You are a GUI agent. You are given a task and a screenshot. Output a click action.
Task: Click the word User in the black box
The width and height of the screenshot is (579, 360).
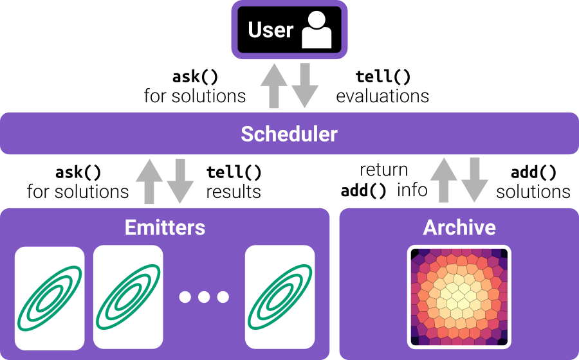[270, 30]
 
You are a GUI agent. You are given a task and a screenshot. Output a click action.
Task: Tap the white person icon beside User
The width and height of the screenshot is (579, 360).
[316, 30]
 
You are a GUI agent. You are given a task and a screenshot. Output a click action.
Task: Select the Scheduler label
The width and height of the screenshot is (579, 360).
[289, 134]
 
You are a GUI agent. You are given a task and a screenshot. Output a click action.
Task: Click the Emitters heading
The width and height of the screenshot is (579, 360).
[165, 227]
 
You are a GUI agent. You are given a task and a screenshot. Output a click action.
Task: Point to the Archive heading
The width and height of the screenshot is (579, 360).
[459, 227]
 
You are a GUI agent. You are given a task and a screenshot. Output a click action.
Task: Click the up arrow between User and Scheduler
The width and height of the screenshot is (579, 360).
[273, 87]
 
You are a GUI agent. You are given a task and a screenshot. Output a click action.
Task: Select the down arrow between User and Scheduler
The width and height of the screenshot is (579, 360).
[306, 87]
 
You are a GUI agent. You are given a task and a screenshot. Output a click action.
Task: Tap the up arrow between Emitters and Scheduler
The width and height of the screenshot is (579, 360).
[149, 182]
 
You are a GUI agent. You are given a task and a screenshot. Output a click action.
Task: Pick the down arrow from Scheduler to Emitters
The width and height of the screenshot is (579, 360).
[181, 182]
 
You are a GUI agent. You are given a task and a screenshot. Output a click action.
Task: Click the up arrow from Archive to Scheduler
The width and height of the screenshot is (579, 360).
[443, 182]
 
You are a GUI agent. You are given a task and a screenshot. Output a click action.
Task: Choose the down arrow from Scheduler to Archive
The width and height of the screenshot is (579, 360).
[475, 182]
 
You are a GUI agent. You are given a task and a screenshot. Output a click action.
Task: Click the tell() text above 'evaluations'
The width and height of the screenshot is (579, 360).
[383, 77]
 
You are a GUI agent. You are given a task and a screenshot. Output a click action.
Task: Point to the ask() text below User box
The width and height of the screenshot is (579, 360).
[195, 77]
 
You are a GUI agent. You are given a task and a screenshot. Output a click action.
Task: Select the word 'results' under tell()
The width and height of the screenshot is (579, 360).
[234, 192]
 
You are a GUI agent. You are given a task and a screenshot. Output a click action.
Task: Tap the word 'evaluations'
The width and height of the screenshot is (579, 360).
[382, 96]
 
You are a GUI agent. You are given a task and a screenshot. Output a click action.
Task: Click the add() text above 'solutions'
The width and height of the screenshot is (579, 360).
[533, 172]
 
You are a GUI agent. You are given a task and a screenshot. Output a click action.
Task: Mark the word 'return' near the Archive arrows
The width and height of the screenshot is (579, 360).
[383, 170]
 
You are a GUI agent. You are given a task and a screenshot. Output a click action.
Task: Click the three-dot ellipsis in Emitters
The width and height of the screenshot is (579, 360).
[204, 297]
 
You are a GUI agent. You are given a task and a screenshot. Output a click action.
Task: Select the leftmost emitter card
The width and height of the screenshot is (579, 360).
[50, 296]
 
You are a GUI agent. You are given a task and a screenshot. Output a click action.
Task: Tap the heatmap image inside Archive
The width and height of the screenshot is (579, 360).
[459, 296]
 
